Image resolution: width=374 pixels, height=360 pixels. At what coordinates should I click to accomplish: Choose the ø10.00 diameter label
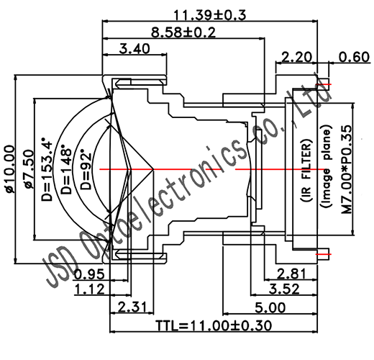pos(10,169)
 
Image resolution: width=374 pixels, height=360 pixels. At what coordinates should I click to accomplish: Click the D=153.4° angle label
pos(50,168)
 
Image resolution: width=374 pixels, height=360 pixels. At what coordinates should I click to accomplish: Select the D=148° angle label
pos(68,170)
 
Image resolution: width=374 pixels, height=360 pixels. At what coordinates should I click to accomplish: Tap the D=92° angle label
pos(87,170)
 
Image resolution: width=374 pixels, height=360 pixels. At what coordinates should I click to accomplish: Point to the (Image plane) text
pos(326,169)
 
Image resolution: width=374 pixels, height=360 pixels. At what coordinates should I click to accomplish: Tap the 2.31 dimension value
pos(128,307)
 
